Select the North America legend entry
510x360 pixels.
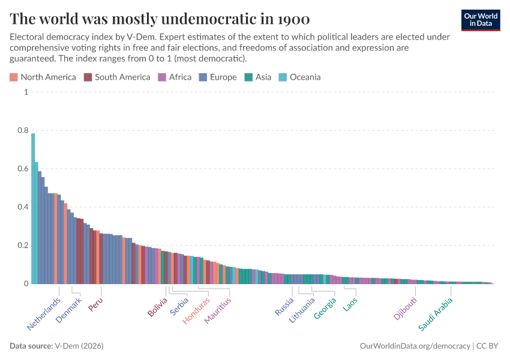coord(43,77)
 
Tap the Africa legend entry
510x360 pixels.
coord(175,77)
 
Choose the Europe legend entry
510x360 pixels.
coord(218,77)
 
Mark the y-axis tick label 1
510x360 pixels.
coord(26,92)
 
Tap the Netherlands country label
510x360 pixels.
coord(44,314)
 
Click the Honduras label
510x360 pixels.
coord(196,311)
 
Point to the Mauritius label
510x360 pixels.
coord(217,311)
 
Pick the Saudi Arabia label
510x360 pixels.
coord(436,314)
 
